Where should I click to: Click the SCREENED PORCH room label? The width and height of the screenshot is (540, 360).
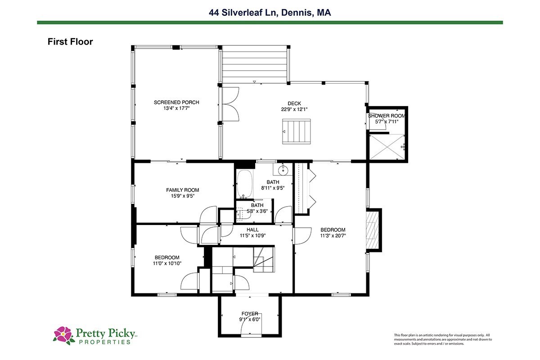tap(176, 102)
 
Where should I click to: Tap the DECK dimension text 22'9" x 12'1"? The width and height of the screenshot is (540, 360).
tap(294, 109)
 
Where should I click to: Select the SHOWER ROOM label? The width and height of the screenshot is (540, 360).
tap(387, 116)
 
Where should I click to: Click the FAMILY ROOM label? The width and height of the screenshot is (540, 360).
tap(183, 190)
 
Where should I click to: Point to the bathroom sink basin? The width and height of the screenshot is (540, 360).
tap(283, 171)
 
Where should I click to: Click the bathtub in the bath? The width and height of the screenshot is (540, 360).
tap(244, 184)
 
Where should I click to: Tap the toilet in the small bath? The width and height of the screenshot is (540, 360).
tap(243, 214)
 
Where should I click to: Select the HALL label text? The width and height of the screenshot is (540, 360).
tap(252, 229)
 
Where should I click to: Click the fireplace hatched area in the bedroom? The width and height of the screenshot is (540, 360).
tap(373, 230)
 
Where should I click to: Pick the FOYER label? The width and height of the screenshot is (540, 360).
tap(250, 314)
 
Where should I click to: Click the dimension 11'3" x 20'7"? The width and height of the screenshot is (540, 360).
tap(333, 236)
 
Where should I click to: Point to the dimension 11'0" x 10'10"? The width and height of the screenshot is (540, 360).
tap(167, 263)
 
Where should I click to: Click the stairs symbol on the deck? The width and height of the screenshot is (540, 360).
tap(296, 131)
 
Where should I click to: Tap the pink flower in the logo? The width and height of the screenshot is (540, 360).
tap(63, 334)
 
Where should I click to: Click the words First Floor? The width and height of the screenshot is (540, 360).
tap(70, 42)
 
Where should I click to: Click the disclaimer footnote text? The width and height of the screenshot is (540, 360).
tap(443, 339)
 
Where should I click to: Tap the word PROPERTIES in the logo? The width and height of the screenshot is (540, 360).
tap(104, 342)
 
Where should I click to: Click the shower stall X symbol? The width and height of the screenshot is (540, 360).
tap(387, 147)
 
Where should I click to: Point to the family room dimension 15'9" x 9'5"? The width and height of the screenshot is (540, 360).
tap(183, 196)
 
